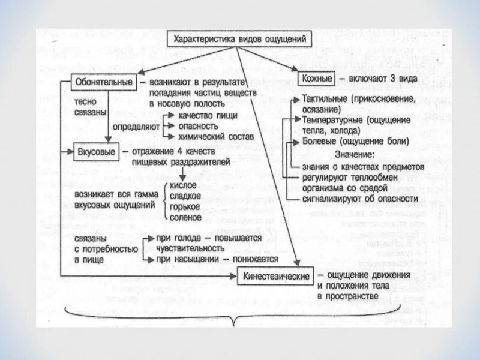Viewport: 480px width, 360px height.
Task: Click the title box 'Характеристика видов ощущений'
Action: click(x=239, y=40)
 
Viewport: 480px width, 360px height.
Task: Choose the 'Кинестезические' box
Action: click(x=277, y=276)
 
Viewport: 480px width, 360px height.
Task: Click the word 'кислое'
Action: click(x=184, y=185)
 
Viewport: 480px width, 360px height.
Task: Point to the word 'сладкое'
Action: click(x=187, y=196)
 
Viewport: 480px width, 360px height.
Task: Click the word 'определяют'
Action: click(x=137, y=127)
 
